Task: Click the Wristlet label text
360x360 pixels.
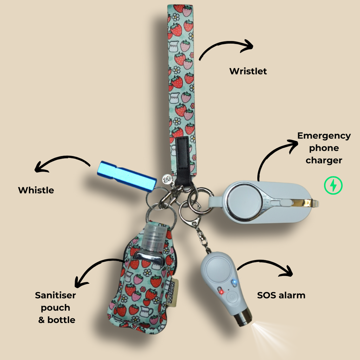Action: point(248,71)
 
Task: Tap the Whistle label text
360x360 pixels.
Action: point(36,190)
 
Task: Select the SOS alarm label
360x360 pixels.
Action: point(281,295)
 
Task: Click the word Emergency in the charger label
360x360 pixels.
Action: point(324,136)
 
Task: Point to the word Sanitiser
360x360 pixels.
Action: point(55,295)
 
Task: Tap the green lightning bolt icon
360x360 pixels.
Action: point(333,185)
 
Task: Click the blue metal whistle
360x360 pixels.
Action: point(127,176)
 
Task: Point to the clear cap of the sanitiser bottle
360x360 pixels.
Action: point(155,235)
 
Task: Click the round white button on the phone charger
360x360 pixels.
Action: point(245,202)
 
